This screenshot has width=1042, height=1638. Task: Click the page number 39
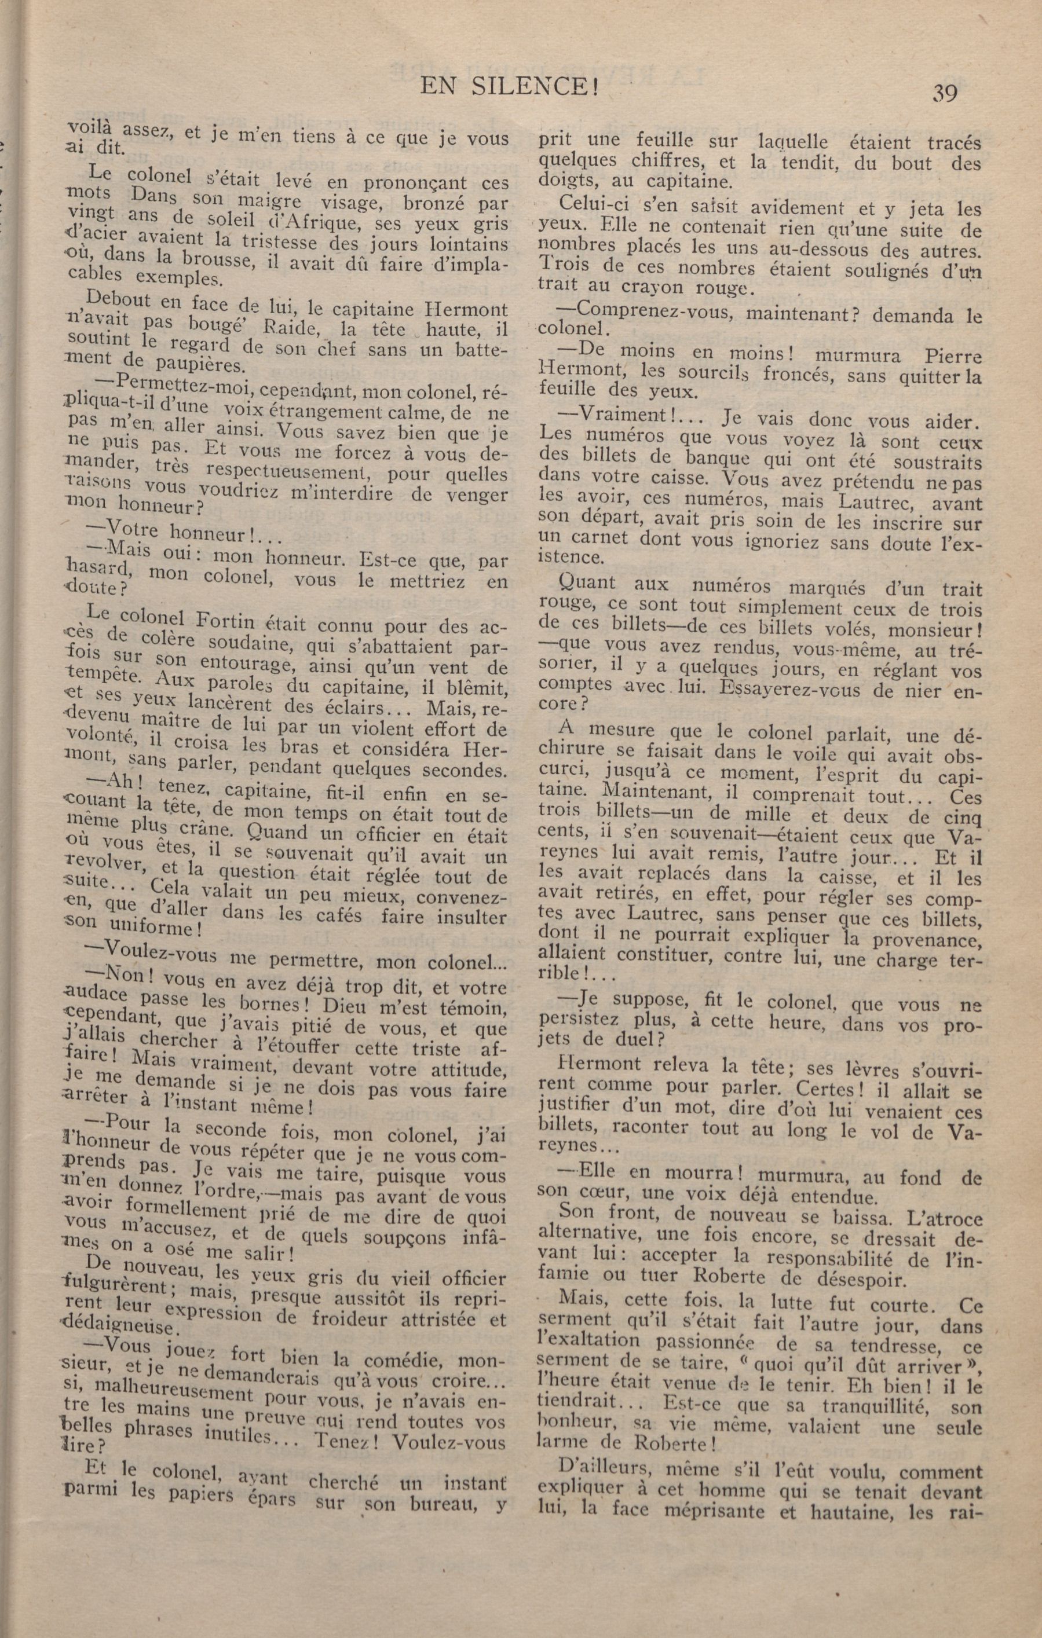(x=945, y=93)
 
